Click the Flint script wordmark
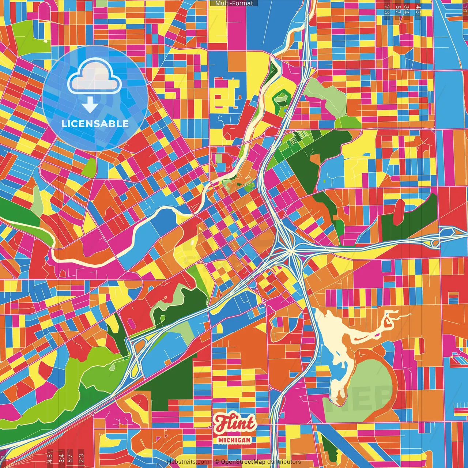coord(234,424)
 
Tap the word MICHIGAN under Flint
coord(234,440)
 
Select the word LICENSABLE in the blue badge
coord(95,124)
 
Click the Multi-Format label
coord(234,3)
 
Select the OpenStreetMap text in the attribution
coord(243,462)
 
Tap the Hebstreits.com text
coord(188,462)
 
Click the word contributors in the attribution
coord(284,462)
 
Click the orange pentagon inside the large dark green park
coord(314,158)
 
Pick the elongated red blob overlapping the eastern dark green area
coord(399,212)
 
